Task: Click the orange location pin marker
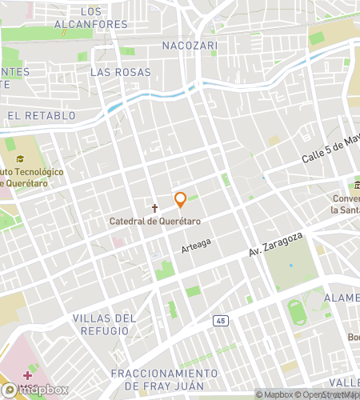click(x=180, y=198)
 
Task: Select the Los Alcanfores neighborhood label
click(x=91, y=18)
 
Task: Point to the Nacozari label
click(x=189, y=46)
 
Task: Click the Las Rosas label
click(x=120, y=72)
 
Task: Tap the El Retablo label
click(x=42, y=116)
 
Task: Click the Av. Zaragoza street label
click(x=276, y=245)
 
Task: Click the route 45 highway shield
click(x=220, y=321)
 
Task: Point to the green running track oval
click(x=298, y=310)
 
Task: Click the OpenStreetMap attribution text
click(x=330, y=394)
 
